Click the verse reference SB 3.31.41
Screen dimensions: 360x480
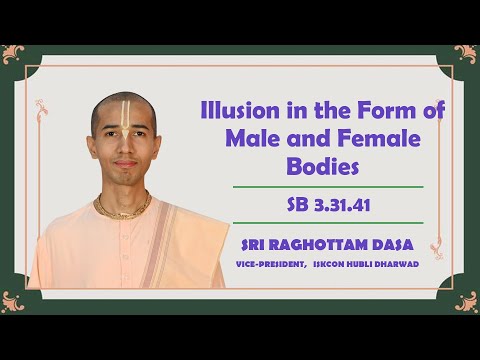327,205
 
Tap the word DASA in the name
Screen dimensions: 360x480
391,243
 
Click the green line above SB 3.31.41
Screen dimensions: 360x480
327,187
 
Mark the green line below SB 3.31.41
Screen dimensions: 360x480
327,223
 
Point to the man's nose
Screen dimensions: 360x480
124,150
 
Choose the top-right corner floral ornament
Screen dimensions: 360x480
465,53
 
